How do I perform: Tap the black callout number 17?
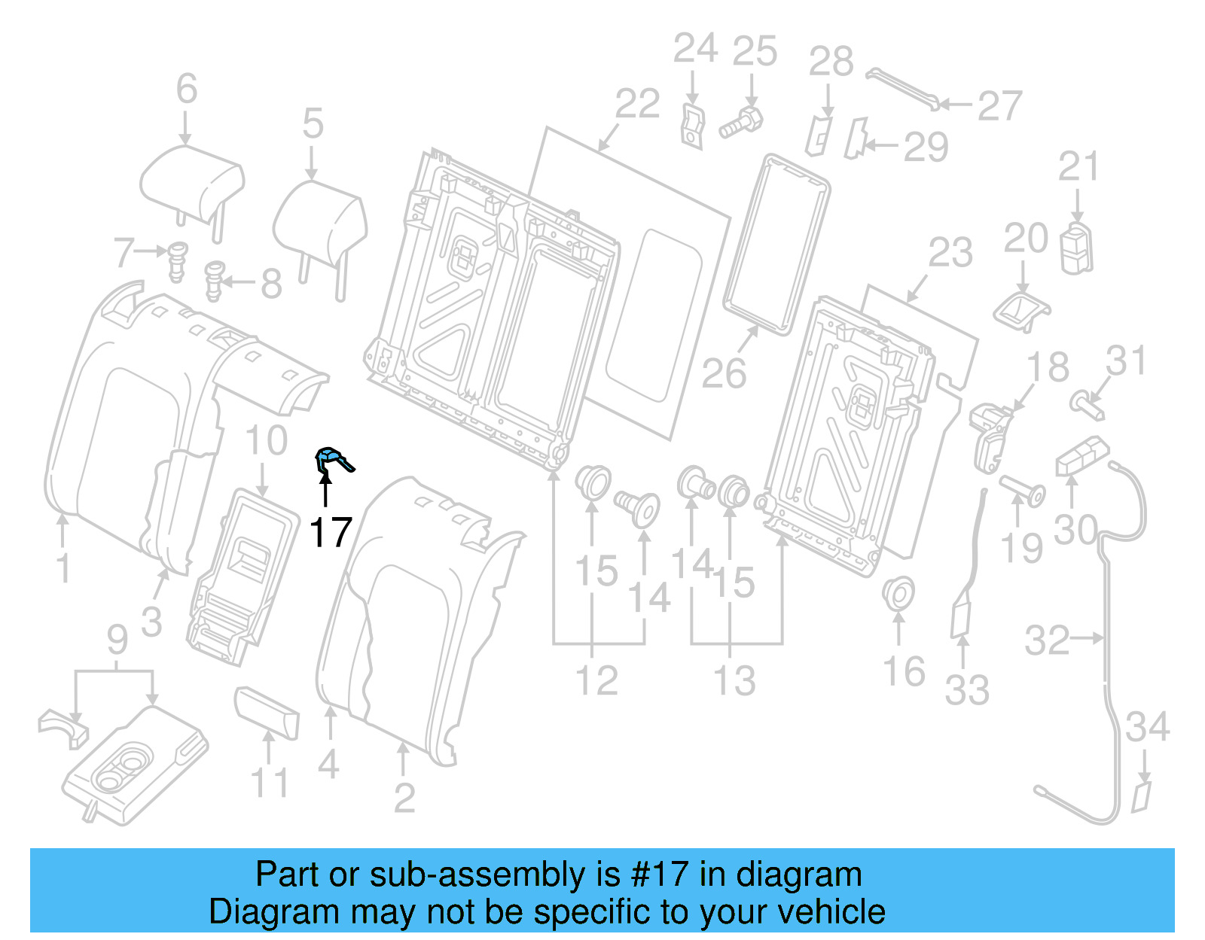pyautogui.click(x=331, y=533)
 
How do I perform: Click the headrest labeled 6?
pyautogui.click(x=193, y=185)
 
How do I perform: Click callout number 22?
pyautogui.click(x=637, y=104)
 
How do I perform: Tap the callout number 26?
pyautogui.click(x=724, y=373)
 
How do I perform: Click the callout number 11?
pyautogui.click(x=270, y=783)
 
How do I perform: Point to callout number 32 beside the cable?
pyautogui.click(x=1047, y=640)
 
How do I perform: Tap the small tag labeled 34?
pyautogui.click(x=1142, y=796)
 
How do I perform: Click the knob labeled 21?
pyautogui.click(x=1076, y=247)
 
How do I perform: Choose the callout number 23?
pyautogui.click(x=950, y=253)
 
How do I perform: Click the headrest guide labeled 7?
pyautogui.click(x=177, y=260)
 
